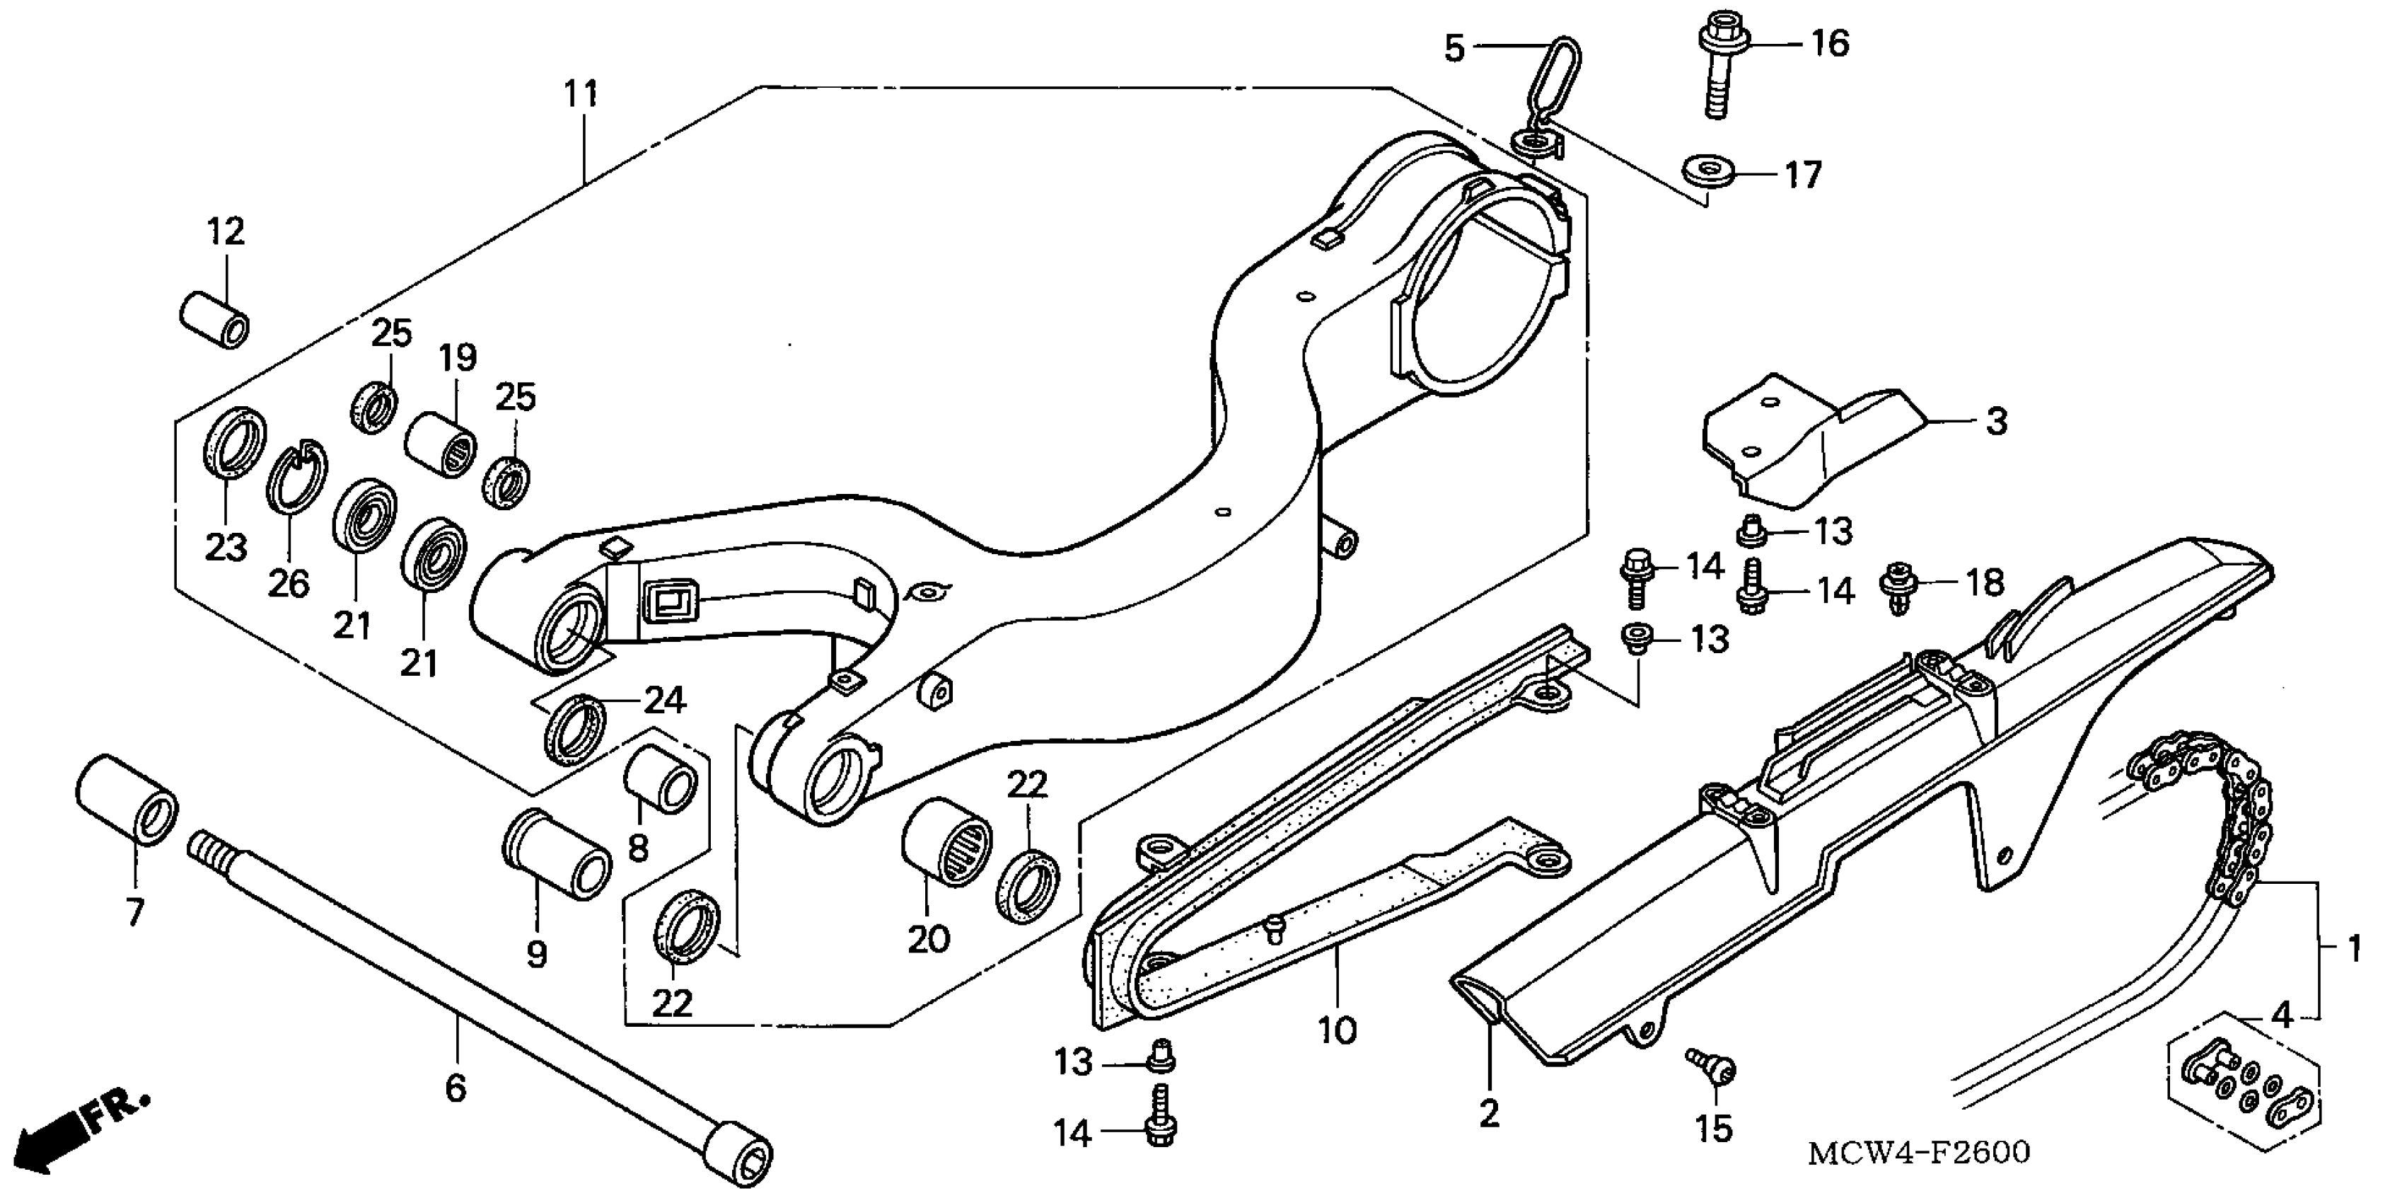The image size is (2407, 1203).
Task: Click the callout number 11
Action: pyautogui.click(x=580, y=94)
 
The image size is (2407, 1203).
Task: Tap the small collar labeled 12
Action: pyautogui.click(x=214, y=318)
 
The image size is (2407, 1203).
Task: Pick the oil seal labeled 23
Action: pyautogui.click(x=233, y=443)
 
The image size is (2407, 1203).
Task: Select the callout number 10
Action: pyautogui.click(x=1336, y=1031)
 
